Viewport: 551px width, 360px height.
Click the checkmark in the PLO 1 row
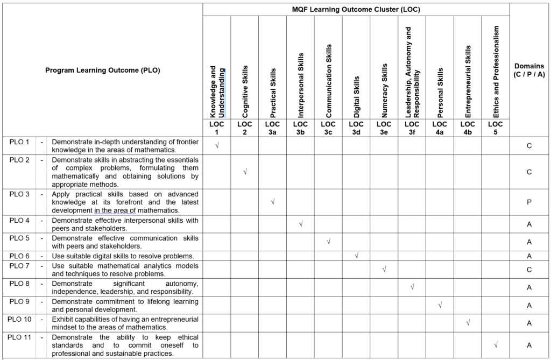pos(217,145)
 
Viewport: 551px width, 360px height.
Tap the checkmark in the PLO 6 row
pos(356,256)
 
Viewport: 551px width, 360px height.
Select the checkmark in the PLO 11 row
pos(496,344)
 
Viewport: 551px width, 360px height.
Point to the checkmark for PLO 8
pos(412,287)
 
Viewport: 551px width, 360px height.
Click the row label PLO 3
pos(19,194)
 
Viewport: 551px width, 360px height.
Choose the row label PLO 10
pos(19,319)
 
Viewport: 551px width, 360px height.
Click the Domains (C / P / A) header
pos(529,70)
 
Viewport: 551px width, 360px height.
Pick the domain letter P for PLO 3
pos(529,202)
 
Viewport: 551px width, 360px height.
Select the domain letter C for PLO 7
pos(529,270)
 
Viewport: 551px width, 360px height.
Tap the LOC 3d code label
pos(356,128)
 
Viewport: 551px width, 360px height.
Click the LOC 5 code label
pos(496,128)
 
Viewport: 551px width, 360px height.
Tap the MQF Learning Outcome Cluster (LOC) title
pos(356,9)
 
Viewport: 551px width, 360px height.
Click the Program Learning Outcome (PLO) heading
pos(102,70)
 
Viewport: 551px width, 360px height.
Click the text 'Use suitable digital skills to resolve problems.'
pos(123,256)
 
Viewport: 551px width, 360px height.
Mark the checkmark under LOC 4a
pos(440,305)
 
